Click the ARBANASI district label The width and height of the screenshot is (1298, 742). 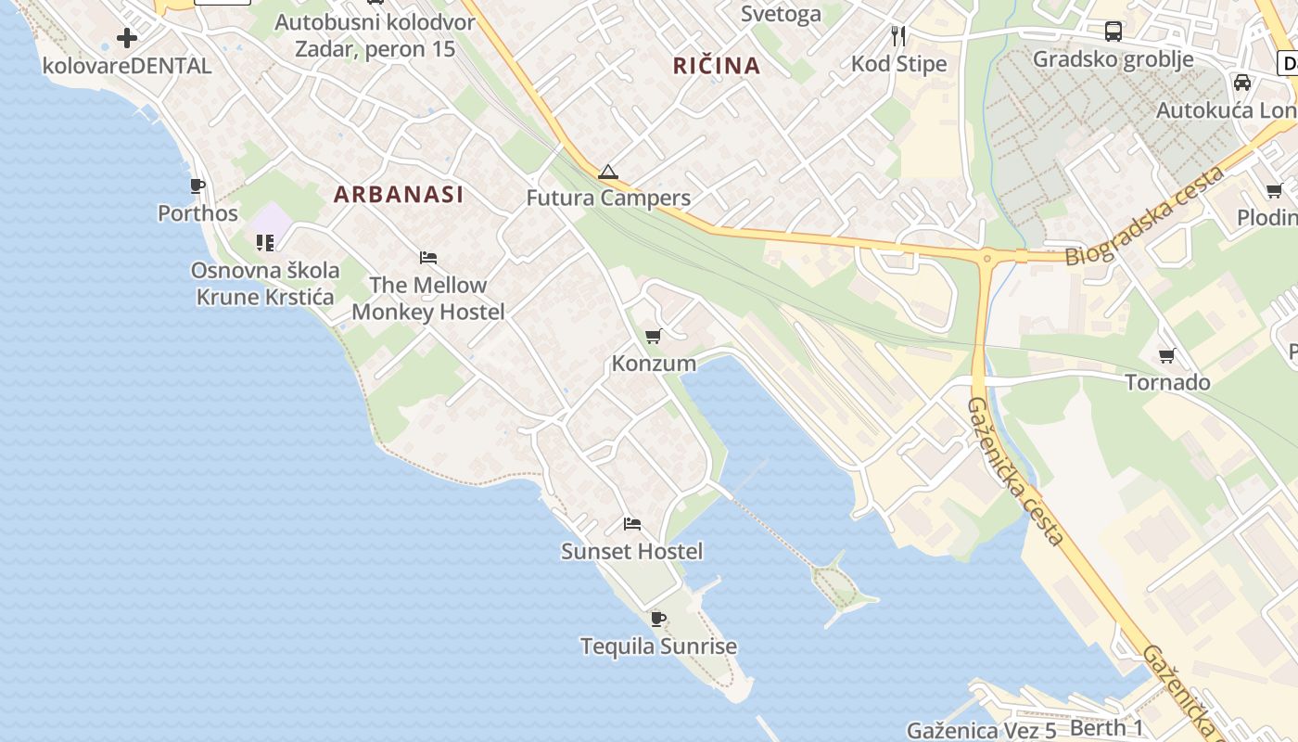pos(398,194)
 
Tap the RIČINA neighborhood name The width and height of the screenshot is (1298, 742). pos(717,65)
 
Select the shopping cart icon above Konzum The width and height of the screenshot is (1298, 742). pos(654,336)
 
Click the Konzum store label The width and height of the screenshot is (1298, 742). pos(654,363)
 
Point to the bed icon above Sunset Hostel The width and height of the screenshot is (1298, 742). pos(632,524)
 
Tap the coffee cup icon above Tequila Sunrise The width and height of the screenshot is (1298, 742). pos(658,619)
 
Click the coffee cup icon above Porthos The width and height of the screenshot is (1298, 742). pos(197,186)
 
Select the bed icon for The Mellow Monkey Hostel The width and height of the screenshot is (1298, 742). pos(427,257)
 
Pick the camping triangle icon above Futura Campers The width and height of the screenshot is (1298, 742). pos(607,172)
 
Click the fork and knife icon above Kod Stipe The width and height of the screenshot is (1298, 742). pos(897,36)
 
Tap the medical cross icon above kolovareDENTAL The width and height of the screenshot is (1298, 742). pos(127,38)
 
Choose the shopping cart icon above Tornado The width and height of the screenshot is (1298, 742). pos(1167,355)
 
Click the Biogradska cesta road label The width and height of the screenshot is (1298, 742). pos(1145,216)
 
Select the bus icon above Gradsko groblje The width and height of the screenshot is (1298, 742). pos(1113,32)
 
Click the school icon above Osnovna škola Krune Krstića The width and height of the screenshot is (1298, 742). pos(265,243)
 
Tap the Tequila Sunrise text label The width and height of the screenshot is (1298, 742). pos(658,646)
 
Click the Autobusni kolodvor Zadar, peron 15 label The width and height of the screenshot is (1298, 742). pos(375,35)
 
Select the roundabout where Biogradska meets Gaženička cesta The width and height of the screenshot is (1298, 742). pos(986,259)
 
